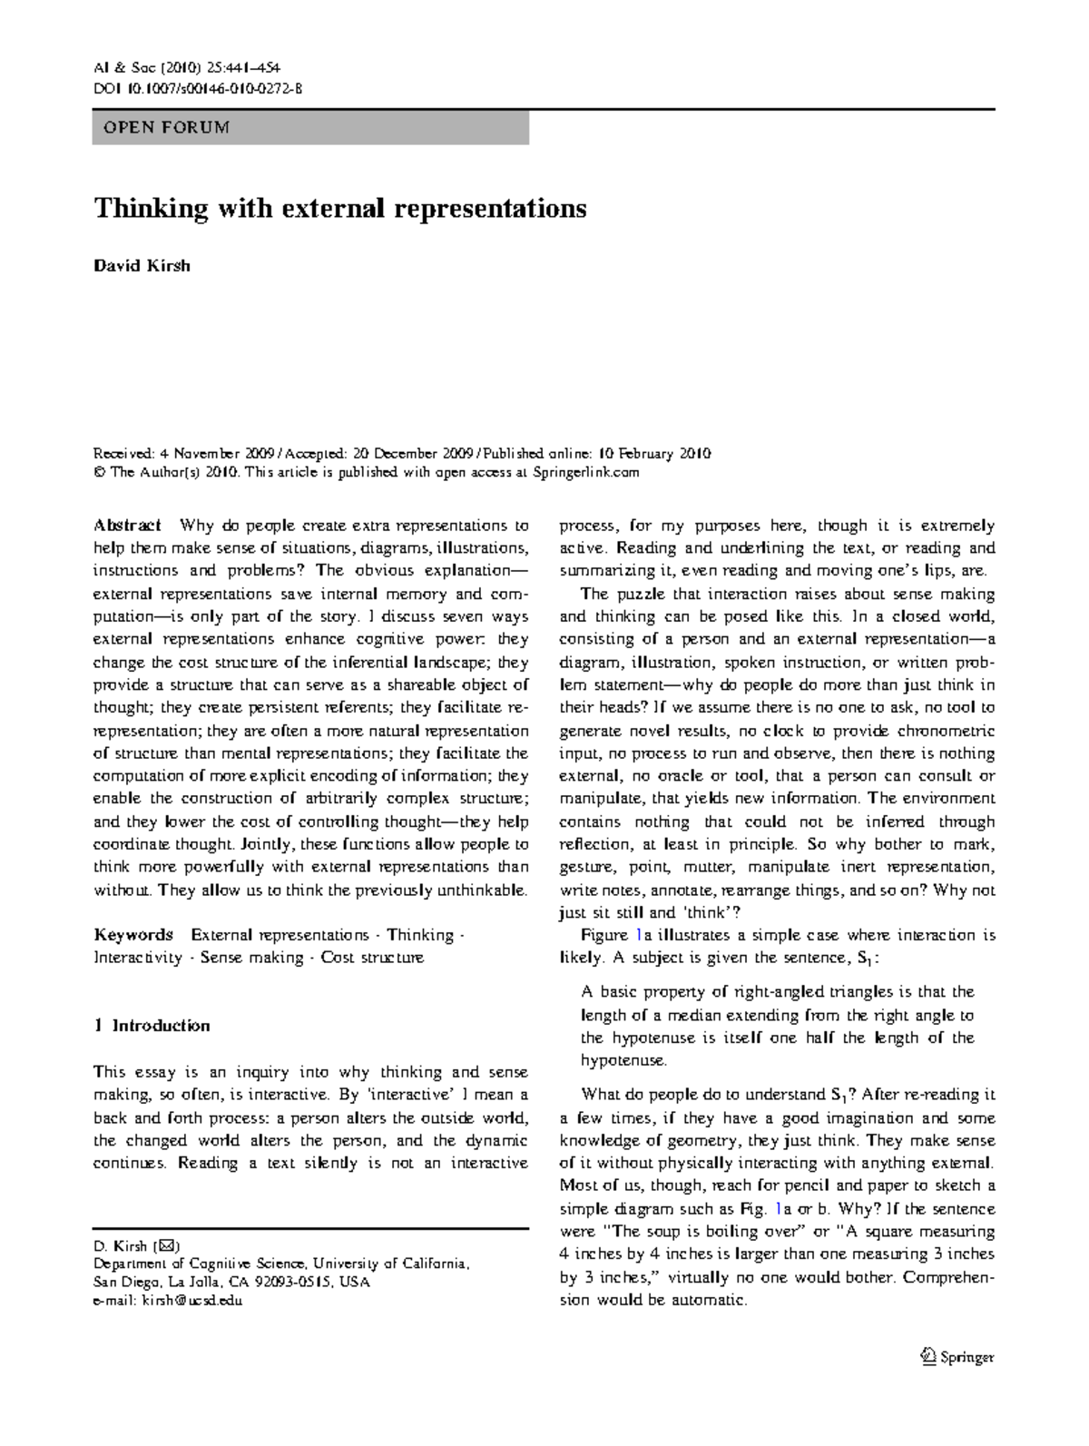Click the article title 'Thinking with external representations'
pyautogui.click(x=340, y=209)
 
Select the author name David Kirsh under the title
pyautogui.click(x=142, y=266)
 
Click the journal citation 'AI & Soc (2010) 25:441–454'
pyautogui.click(x=189, y=68)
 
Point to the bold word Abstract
pyautogui.click(x=128, y=526)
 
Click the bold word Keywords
pyautogui.click(x=133, y=935)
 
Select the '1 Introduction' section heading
pyautogui.click(x=152, y=1026)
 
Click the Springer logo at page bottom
pyautogui.click(x=957, y=1358)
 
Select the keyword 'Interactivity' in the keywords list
pyautogui.click(x=138, y=958)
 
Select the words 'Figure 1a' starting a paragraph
pyautogui.click(x=604, y=935)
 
